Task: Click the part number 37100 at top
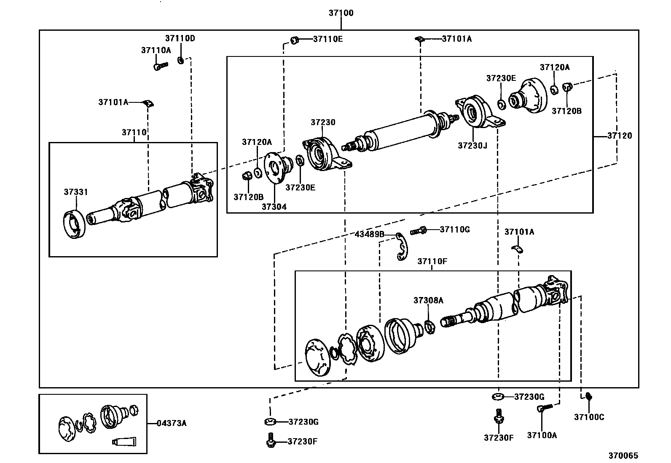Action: [x=341, y=13]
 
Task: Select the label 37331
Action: [x=76, y=192]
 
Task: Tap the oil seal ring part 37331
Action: [x=75, y=225]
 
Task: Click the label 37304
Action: [x=274, y=207]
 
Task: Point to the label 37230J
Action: [x=472, y=146]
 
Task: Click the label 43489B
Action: [x=369, y=234]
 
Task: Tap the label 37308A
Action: [x=428, y=300]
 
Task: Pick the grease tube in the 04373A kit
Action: [x=124, y=442]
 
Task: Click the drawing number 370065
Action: [x=623, y=456]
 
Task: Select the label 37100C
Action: [x=589, y=417]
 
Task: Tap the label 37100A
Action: [x=542, y=435]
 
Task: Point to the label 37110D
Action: [x=180, y=38]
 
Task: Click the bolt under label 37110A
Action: [x=161, y=66]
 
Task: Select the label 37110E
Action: [x=328, y=39]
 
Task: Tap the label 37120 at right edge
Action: [x=620, y=136]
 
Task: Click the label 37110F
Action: [x=432, y=262]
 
